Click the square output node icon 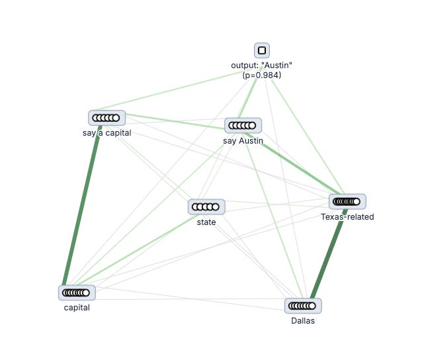tap(262, 50)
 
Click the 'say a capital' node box tap(106, 118)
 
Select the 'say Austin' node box tap(243, 125)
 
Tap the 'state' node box tap(206, 207)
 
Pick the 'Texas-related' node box tap(347, 202)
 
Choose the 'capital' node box tap(77, 292)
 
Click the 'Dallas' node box tap(303, 306)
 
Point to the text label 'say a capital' tap(103, 132)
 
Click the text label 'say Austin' tap(243, 140)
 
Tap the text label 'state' tap(206, 222)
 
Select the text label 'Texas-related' tap(347, 217)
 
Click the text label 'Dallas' tap(303, 321)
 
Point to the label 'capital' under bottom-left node tap(77, 307)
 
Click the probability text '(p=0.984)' tap(262, 75)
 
